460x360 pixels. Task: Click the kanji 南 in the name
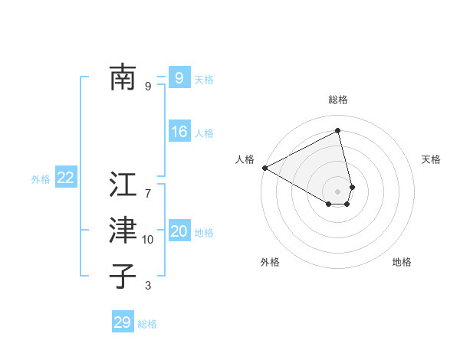pyautogui.click(x=123, y=77)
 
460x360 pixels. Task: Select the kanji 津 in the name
pyautogui.click(x=123, y=230)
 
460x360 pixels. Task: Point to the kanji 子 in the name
pyautogui.click(x=123, y=276)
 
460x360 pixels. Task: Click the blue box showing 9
pyautogui.click(x=179, y=77)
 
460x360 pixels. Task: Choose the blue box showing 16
pyautogui.click(x=179, y=132)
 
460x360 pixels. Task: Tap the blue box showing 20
pyautogui.click(x=179, y=231)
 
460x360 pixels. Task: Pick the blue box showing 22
pyautogui.click(x=65, y=178)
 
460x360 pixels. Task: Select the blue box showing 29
pyautogui.click(x=122, y=322)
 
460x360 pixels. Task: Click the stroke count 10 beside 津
pyautogui.click(x=148, y=240)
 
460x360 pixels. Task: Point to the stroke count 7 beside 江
pyautogui.click(x=148, y=193)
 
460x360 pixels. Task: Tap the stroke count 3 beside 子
pyautogui.click(x=148, y=286)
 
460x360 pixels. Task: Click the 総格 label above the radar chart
pyautogui.click(x=338, y=100)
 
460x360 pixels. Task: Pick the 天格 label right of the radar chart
pyautogui.click(x=432, y=159)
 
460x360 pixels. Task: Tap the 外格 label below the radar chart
pyautogui.click(x=270, y=262)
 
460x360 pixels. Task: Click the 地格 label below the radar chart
pyautogui.click(x=402, y=262)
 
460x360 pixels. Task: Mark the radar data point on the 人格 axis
pyautogui.click(x=264, y=168)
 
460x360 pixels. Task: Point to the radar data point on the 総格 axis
pyautogui.click(x=338, y=131)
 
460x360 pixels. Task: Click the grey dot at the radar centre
pyautogui.click(x=338, y=191)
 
